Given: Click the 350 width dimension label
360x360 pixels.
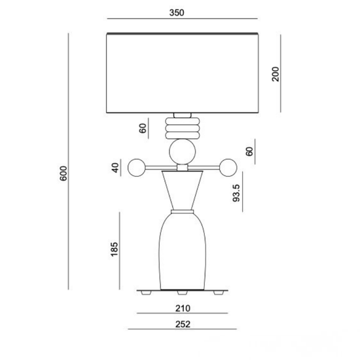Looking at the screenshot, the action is click(x=177, y=12).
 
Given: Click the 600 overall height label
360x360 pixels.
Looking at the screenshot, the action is click(x=63, y=173).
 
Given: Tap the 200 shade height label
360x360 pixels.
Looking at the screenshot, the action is click(x=276, y=74).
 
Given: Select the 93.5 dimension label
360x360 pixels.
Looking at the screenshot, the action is click(x=236, y=193).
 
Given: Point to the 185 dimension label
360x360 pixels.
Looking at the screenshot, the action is click(x=114, y=249).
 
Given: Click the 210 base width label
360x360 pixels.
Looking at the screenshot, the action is click(x=183, y=308).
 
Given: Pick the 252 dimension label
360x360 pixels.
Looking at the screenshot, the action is click(x=183, y=325).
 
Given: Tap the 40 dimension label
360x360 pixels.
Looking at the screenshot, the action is click(x=115, y=168).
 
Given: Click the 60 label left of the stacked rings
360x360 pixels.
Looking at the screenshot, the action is click(x=143, y=128).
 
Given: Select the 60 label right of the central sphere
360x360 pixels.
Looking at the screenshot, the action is click(x=249, y=152).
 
